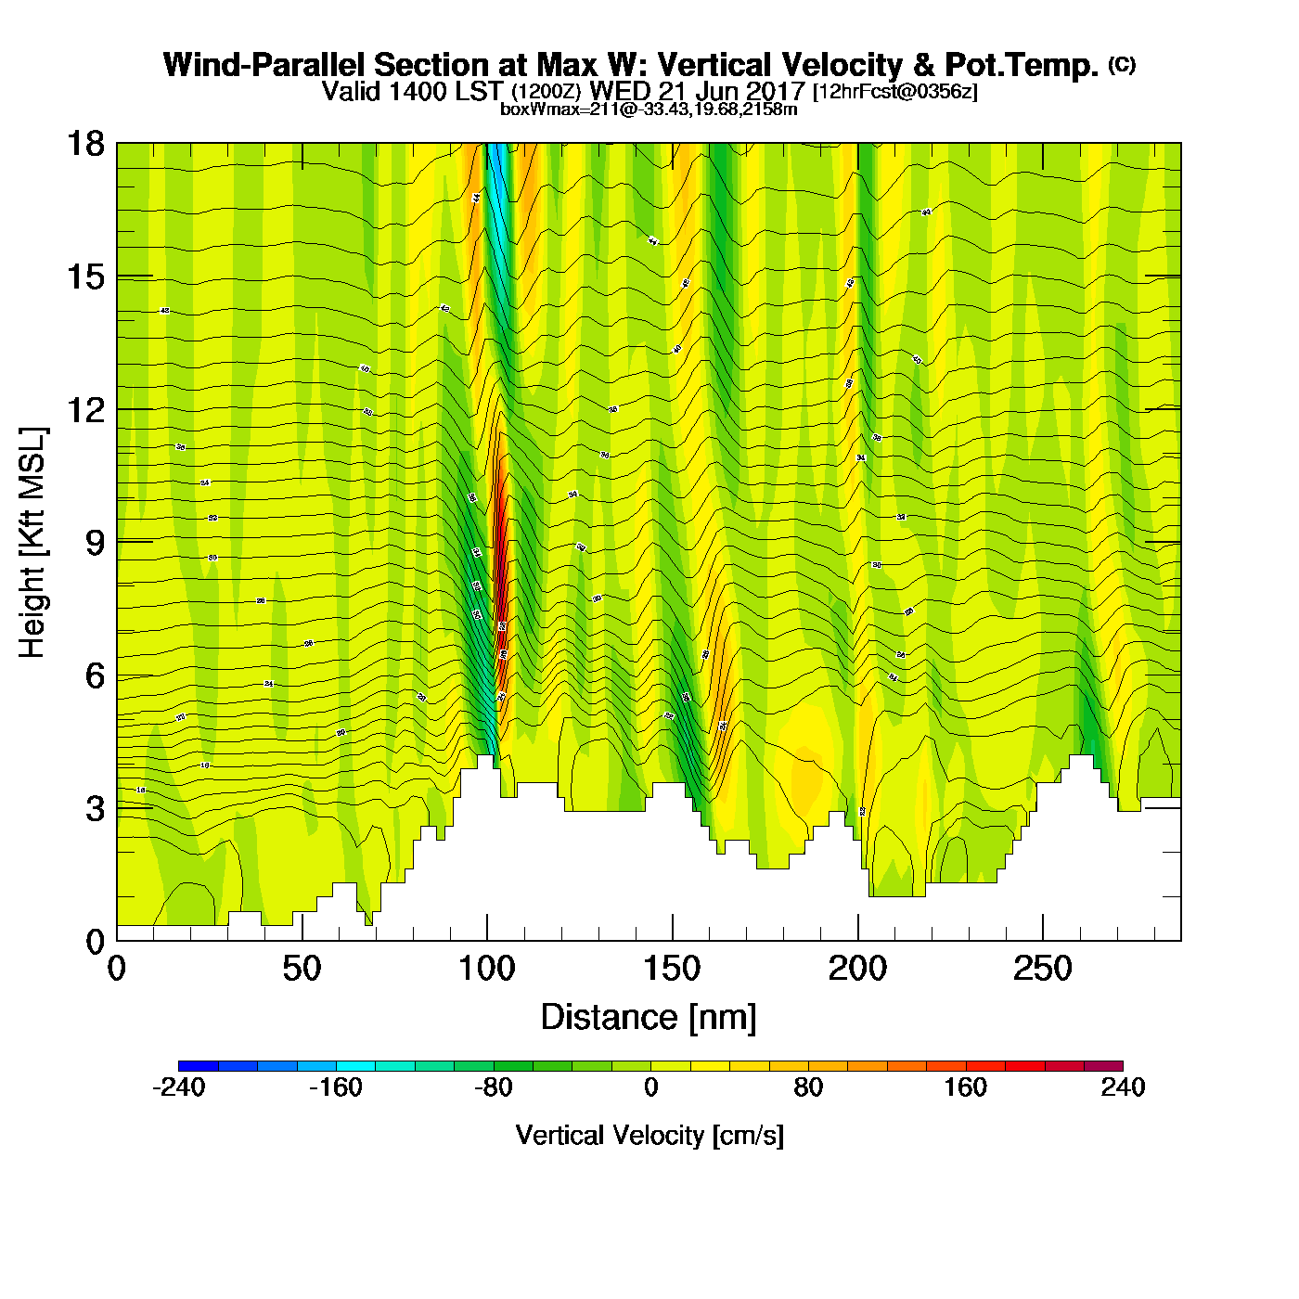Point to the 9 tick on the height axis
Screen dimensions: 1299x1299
(95, 543)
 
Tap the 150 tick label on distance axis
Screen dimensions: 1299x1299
(673, 970)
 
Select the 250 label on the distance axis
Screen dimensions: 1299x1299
(1043, 970)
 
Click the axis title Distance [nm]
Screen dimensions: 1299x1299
(649, 1018)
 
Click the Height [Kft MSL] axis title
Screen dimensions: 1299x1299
(32, 543)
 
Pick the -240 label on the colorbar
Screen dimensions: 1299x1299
(178, 1088)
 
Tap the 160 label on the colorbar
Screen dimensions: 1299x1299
(966, 1088)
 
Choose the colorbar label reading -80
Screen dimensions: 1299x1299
(493, 1088)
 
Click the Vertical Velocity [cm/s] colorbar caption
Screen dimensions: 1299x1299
(649, 1136)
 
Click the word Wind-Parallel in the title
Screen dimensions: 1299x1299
(264, 66)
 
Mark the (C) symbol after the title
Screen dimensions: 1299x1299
(1122, 64)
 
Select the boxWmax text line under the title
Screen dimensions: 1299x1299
(649, 109)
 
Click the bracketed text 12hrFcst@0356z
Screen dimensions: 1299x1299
(895, 92)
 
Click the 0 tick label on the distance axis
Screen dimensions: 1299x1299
(117, 970)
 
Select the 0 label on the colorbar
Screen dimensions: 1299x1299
(650, 1088)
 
